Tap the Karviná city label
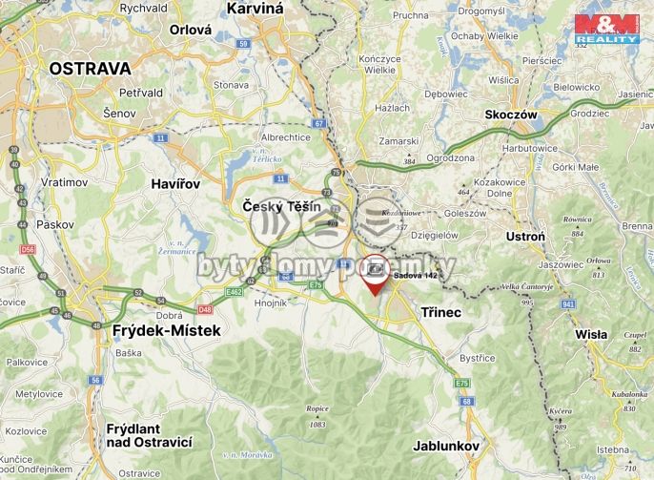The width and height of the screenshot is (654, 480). tap(255, 9)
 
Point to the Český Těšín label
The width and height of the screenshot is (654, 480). tap(281, 206)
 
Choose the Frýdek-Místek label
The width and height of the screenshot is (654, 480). tap(167, 330)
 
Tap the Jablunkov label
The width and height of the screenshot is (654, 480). tap(445, 446)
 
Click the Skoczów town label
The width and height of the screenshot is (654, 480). tap(513, 114)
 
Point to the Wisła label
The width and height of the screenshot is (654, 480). tap(592, 334)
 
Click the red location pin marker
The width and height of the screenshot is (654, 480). tap(376, 276)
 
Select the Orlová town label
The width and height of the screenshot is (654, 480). tap(190, 30)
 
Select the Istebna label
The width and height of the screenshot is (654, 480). tap(613, 449)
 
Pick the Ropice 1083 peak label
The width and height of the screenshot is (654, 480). tap(317, 416)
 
